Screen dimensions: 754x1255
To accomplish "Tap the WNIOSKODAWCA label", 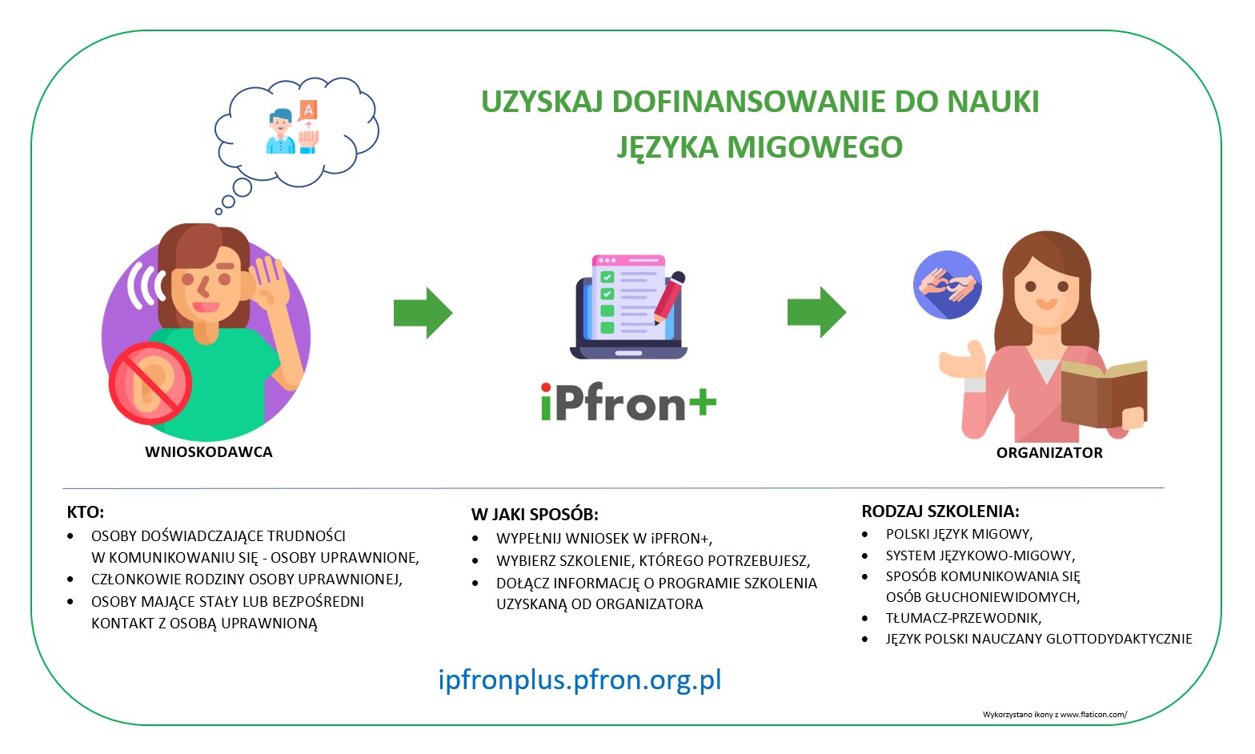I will click(x=209, y=452).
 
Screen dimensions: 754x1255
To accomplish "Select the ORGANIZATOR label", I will click(x=1049, y=453).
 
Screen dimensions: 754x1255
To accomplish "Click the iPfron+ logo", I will click(x=628, y=403).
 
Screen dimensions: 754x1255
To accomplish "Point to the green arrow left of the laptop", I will click(x=423, y=313).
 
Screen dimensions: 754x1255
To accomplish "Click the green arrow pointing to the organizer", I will click(x=816, y=312).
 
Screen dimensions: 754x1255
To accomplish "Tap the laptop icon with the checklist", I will click(x=628, y=308).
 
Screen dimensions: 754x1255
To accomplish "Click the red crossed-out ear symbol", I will click(x=150, y=383).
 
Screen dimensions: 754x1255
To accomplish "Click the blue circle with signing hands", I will click(x=948, y=285).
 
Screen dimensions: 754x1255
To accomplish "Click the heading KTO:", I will click(x=86, y=512).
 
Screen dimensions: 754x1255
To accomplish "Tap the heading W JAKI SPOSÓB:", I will click(x=535, y=515).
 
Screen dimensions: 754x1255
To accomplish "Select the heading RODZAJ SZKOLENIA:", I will click(x=940, y=511).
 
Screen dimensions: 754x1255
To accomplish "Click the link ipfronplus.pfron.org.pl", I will click(x=579, y=680).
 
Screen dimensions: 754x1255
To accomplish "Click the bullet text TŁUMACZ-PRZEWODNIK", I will click(x=963, y=618).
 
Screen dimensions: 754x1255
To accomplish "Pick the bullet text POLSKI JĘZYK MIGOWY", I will click(x=959, y=534).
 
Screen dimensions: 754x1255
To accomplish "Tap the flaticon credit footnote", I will click(x=1054, y=715).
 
